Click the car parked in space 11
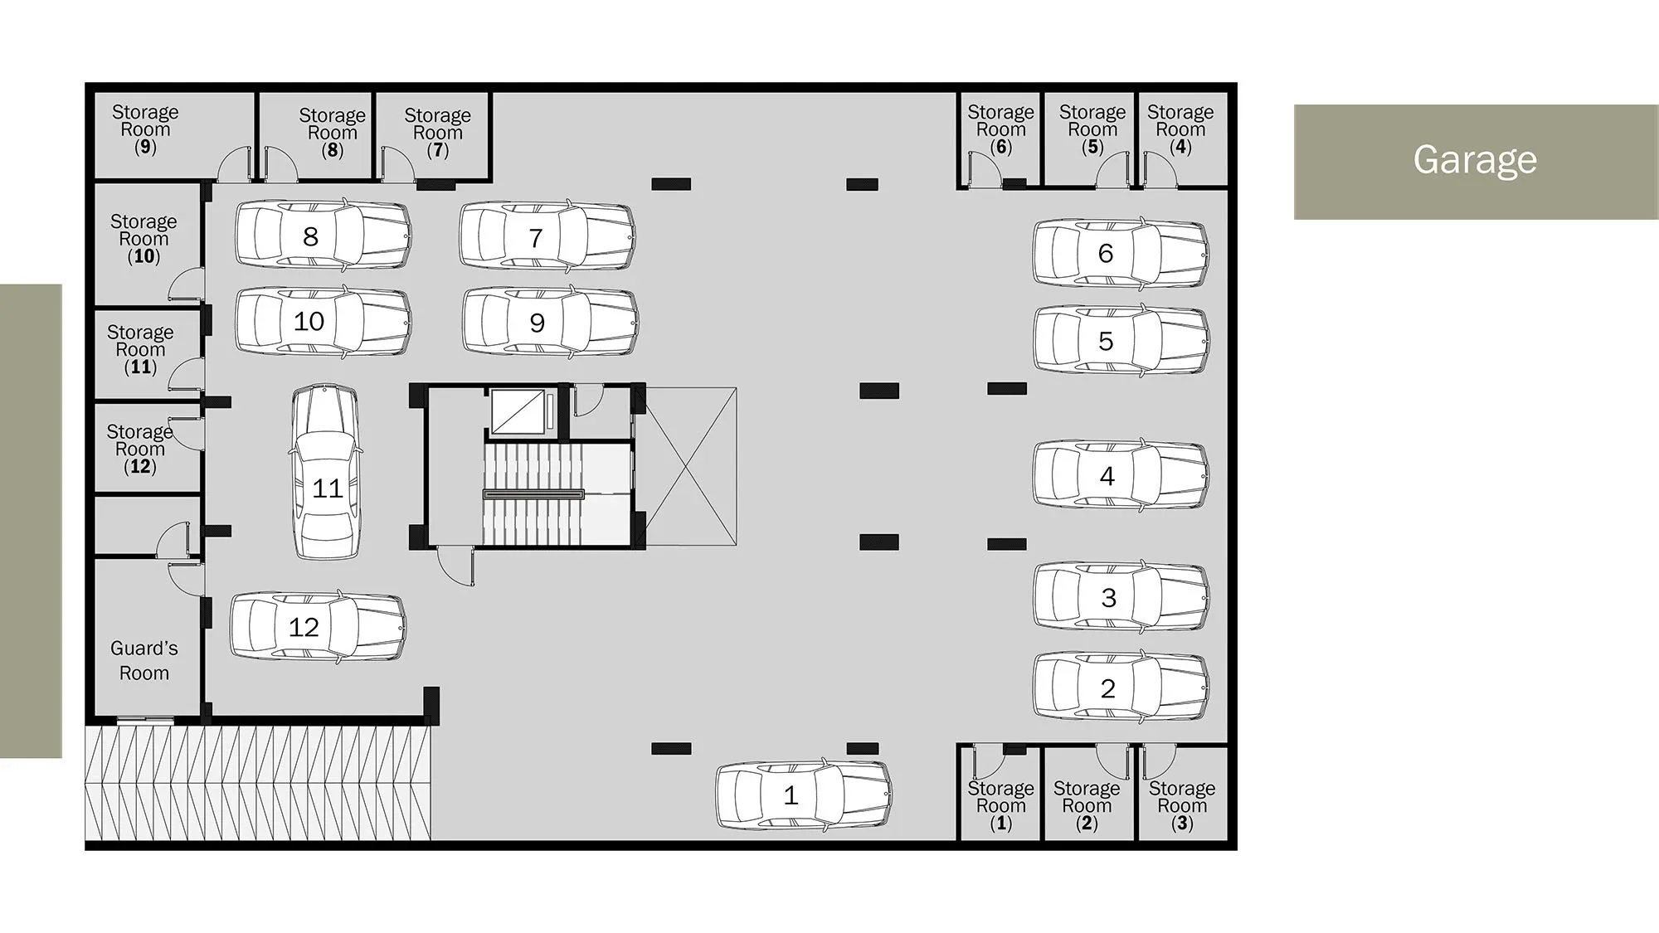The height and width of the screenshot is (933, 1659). [x=326, y=471]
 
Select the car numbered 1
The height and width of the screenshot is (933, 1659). [x=804, y=795]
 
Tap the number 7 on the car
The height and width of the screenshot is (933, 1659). [x=536, y=238]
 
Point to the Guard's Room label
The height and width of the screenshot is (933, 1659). [x=144, y=660]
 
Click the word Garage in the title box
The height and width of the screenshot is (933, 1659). [x=1475, y=159]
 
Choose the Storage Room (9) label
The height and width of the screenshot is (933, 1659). [x=145, y=129]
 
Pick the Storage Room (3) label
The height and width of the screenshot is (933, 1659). [x=1182, y=805]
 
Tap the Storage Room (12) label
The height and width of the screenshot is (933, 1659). [x=139, y=449]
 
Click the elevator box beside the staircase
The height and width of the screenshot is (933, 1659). [x=518, y=411]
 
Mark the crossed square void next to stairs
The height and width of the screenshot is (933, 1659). [x=690, y=466]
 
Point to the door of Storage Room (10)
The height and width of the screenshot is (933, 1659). [x=187, y=284]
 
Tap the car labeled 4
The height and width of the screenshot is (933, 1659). [x=1121, y=476]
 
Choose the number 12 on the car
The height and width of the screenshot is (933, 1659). [x=304, y=627]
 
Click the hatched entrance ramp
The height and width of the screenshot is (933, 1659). [x=258, y=784]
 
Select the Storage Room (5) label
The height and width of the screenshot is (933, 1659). [x=1092, y=129]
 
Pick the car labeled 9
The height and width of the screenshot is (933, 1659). [x=551, y=322]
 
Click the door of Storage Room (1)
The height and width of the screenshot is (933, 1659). [x=987, y=761]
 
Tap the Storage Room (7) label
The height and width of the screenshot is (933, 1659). [x=437, y=133]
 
